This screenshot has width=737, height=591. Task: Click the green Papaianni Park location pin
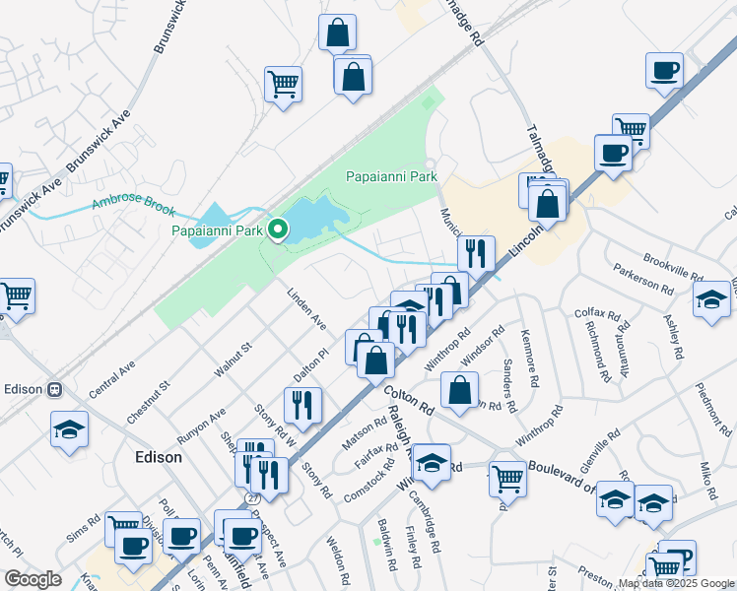tap(278, 230)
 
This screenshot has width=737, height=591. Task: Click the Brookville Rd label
tap(672, 264)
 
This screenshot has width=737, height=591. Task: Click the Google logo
tap(33, 579)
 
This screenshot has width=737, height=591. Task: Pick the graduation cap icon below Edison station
tap(70, 429)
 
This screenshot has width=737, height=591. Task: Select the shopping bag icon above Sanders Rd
tap(459, 390)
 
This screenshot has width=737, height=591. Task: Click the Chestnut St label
tap(148, 402)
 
